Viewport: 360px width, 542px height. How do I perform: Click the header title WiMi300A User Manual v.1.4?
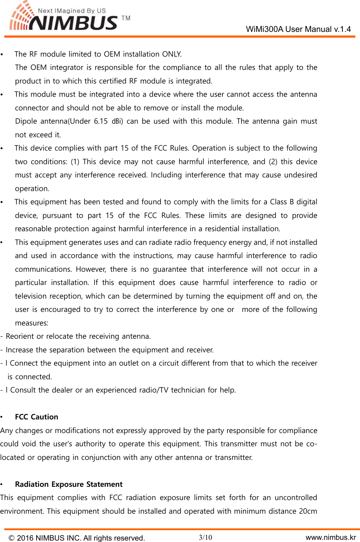coord(298,29)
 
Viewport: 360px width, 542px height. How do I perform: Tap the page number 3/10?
coord(206,537)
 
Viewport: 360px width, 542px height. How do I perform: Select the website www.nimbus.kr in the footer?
coord(331,537)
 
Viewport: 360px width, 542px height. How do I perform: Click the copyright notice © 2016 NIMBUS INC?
coord(77,538)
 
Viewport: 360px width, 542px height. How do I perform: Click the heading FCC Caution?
coord(37,417)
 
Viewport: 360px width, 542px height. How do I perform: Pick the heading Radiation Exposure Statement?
coord(69,484)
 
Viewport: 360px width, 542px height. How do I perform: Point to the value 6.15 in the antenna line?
coord(101,121)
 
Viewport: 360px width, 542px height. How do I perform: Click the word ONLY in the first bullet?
coord(172,54)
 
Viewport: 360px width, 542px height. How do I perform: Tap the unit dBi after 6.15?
coord(117,121)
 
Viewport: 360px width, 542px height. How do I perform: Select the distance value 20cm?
coord(308,511)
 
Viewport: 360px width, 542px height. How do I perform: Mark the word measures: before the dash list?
coord(32,323)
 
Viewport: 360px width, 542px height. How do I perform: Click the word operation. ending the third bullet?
coord(32,189)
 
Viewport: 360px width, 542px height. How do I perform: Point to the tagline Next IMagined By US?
coord(72,11)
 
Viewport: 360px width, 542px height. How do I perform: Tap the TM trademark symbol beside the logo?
coord(126,18)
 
